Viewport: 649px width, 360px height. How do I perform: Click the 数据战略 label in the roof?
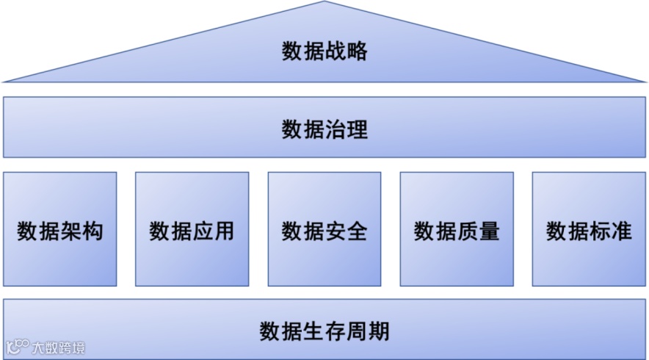click(x=324, y=51)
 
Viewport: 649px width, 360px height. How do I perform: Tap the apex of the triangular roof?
click(x=324, y=3)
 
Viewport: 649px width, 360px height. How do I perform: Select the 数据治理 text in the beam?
click(x=324, y=130)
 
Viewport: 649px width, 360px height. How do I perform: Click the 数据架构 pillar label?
click(x=60, y=231)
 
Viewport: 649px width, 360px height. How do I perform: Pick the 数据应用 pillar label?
click(x=192, y=231)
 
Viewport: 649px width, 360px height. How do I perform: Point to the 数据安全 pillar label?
click(x=324, y=231)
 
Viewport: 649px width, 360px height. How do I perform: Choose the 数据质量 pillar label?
click(x=457, y=231)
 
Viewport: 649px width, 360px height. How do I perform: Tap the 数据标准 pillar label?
click(x=589, y=231)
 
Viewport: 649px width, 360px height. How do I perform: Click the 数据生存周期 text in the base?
click(x=324, y=331)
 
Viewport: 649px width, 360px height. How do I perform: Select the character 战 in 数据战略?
click(x=336, y=51)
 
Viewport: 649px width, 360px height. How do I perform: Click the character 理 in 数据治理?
click(x=357, y=130)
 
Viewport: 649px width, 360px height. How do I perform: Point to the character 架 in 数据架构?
click(x=71, y=231)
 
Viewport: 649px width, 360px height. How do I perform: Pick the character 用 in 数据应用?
click(x=225, y=231)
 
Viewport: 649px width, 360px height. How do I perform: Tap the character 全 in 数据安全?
click(x=357, y=231)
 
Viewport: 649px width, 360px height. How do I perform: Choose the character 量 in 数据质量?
click(x=489, y=231)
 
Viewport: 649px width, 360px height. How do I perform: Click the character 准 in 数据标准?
click(x=621, y=231)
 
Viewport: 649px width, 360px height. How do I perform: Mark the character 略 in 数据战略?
click(x=357, y=51)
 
